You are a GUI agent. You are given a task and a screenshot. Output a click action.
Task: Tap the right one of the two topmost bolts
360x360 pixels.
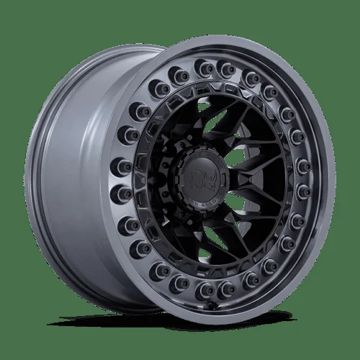point(229,68)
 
